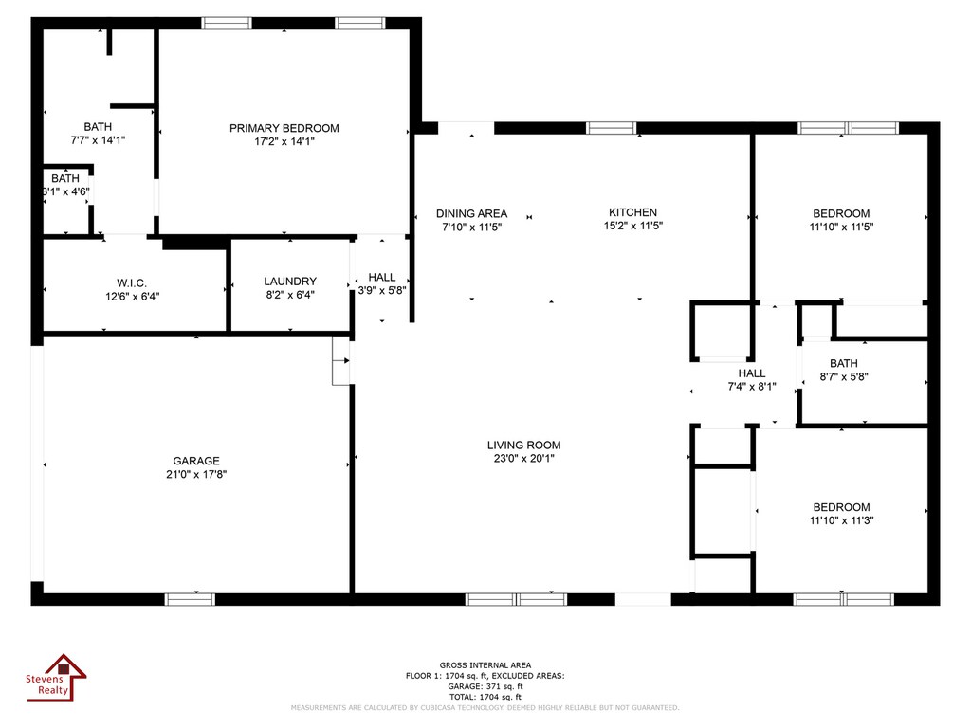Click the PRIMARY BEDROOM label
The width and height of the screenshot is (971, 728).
coord(284,128)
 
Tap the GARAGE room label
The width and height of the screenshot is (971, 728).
coord(196,461)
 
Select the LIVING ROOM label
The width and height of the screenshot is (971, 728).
coord(523,446)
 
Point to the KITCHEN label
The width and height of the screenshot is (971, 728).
coord(632,212)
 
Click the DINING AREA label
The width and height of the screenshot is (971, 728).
coord(472,213)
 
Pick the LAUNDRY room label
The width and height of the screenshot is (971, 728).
coord(290,282)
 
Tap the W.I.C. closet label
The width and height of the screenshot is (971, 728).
coord(132,282)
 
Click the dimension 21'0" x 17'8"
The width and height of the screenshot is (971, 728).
coord(196,474)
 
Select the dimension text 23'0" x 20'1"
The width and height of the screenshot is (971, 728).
coord(523,459)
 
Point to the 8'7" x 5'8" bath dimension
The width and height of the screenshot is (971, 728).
coord(844,376)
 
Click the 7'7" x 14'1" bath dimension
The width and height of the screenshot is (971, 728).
coord(98,140)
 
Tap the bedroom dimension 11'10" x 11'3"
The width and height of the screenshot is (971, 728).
coord(842,520)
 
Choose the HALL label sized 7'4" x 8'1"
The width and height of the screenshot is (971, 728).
coord(752,373)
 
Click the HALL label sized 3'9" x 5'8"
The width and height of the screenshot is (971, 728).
coord(381,278)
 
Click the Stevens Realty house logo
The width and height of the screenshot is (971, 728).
coord(56,678)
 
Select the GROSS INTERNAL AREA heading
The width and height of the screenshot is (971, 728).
coord(485,664)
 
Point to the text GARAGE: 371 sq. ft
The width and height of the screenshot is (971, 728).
coord(485,686)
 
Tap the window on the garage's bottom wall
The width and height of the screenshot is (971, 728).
coord(190,599)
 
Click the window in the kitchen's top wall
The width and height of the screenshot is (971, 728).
coord(612,128)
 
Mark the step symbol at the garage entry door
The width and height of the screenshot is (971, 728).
coord(341,360)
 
